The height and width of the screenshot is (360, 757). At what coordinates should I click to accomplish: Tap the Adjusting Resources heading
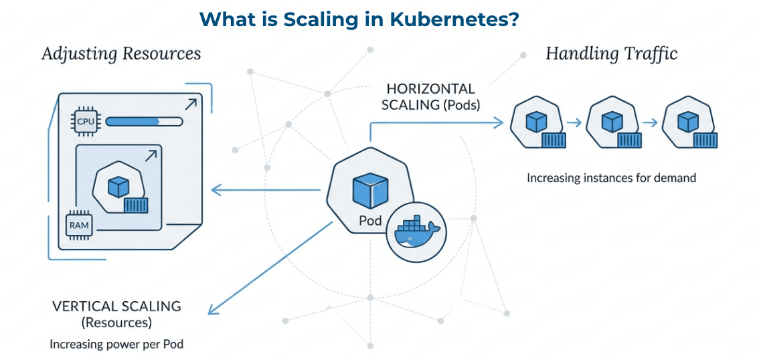coord(121,54)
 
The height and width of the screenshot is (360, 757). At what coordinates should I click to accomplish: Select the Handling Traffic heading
coord(611,54)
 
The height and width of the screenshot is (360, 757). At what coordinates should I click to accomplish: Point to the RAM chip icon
coord(79,225)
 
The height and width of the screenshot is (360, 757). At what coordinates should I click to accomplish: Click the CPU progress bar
coord(143,122)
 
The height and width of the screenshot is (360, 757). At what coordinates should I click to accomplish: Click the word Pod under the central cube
coord(369,219)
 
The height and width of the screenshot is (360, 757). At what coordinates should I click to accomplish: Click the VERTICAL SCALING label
coord(117,306)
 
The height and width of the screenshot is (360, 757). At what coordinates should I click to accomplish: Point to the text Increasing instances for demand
coord(611,178)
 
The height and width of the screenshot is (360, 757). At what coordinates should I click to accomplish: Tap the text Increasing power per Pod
coord(117,345)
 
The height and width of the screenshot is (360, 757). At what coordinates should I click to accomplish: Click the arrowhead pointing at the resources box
coord(216,190)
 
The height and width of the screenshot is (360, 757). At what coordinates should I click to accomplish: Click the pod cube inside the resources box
coord(118,187)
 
